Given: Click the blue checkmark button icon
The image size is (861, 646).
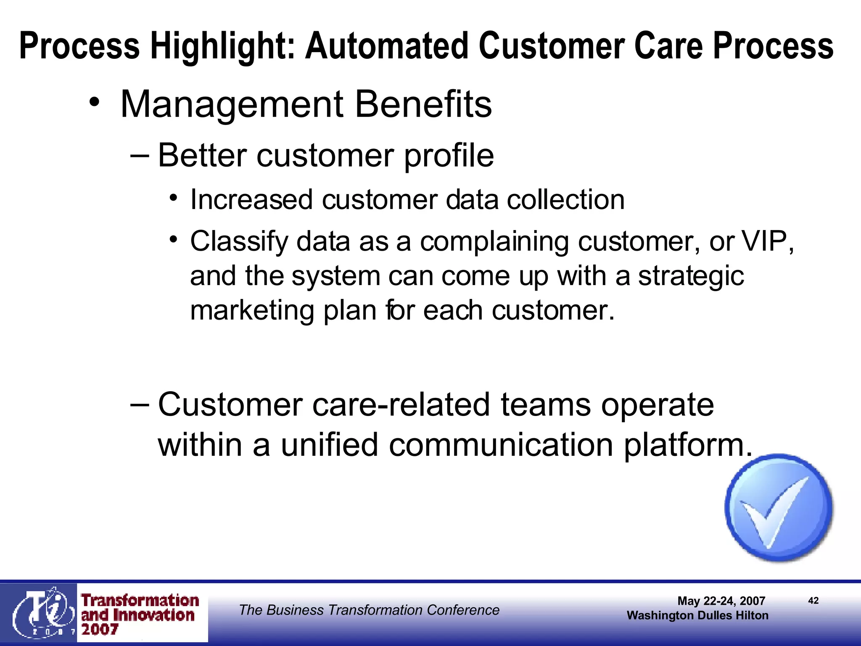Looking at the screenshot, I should (779, 508).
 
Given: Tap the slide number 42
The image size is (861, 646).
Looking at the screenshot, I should (813, 601).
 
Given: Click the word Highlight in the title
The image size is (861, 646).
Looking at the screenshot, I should (223, 46).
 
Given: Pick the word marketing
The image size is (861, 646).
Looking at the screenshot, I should (252, 312).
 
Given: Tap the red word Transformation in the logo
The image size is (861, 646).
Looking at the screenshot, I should (140, 601).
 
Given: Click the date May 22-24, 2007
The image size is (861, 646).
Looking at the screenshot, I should (721, 601).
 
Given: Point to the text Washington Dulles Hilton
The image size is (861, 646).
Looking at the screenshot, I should (697, 616).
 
